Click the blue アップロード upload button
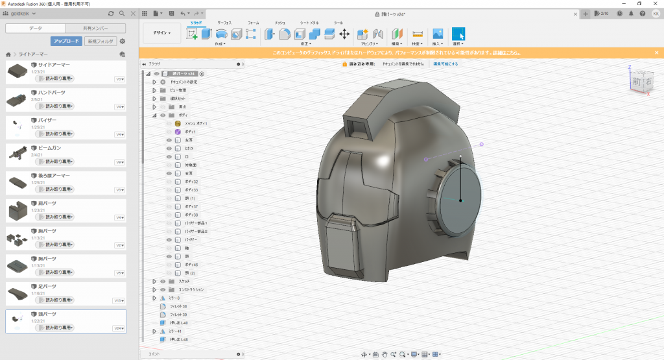(66, 42)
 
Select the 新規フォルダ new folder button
(100, 42)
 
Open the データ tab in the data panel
(35, 28)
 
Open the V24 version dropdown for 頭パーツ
(119, 328)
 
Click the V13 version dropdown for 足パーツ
(119, 301)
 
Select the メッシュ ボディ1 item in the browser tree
(195, 123)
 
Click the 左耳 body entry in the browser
(189, 140)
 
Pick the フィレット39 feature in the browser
(178, 315)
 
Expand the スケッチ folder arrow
(154, 281)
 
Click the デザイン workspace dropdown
(162, 33)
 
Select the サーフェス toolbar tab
(224, 23)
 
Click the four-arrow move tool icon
(344, 34)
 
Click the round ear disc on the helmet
(459, 199)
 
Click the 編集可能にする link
(445, 64)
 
